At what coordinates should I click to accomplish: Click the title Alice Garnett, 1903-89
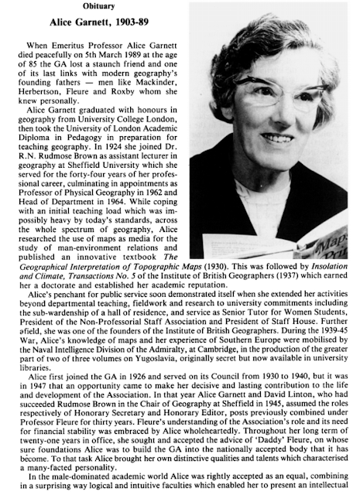tap(70, 25)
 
